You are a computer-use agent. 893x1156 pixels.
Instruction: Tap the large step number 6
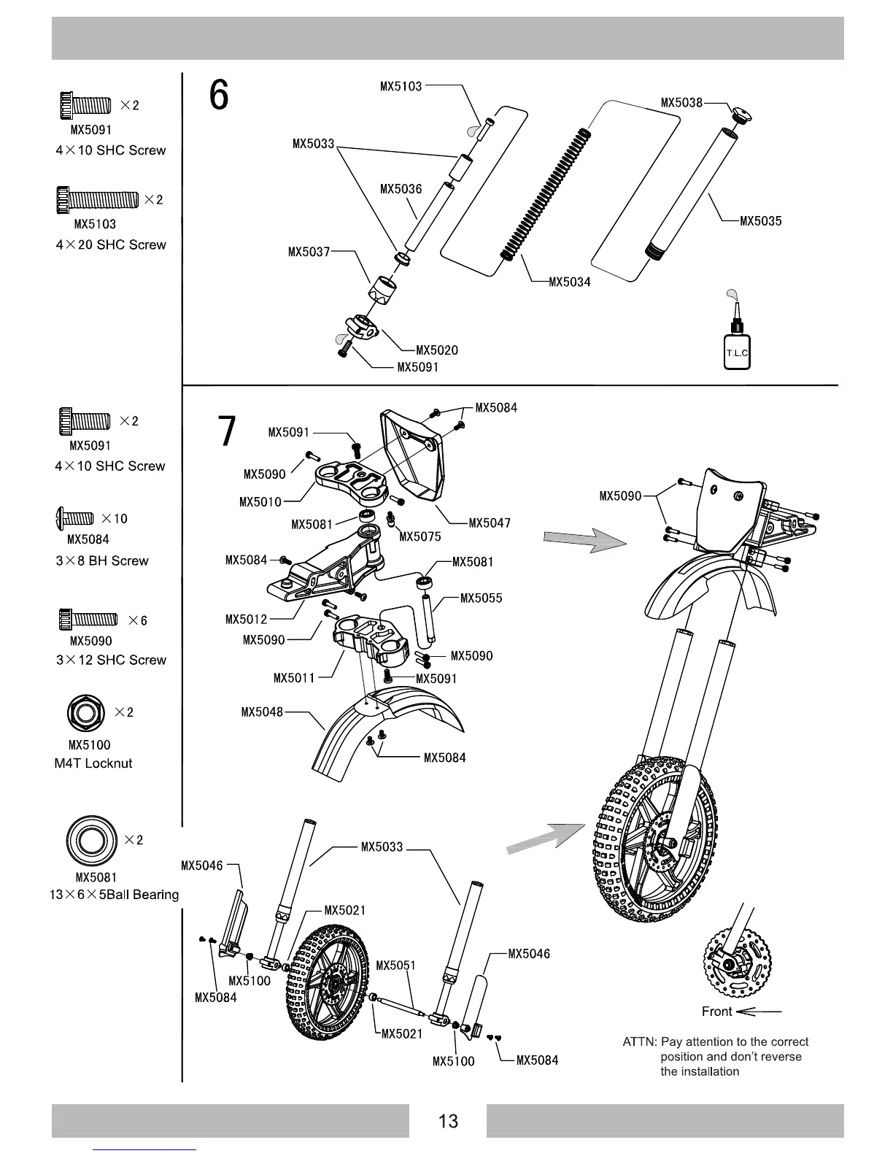point(218,96)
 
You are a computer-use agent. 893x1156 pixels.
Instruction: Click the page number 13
point(447,1121)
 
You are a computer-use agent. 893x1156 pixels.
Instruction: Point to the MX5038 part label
point(681,103)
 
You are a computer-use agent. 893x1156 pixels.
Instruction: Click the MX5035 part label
point(760,221)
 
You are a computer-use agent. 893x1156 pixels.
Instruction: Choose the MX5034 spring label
point(569,282)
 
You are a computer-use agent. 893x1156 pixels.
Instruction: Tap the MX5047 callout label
point(489,523)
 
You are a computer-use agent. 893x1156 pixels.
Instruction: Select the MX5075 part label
point(420,537)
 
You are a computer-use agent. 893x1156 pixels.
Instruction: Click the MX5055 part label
point(481,598)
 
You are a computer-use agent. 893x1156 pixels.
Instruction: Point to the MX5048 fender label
point(262,712)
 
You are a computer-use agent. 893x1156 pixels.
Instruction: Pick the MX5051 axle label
point(395,966)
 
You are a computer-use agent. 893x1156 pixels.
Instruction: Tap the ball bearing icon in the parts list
point(91,841)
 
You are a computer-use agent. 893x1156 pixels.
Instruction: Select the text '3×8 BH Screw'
point(101,561)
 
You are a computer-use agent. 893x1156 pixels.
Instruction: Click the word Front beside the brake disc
point(716,1011)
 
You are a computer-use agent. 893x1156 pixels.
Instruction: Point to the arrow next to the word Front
point(759,1012)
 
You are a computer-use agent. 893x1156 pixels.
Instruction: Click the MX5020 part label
point(436,350)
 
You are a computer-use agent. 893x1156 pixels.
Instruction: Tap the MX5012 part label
point(246,620)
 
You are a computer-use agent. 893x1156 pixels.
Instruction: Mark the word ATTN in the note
point(639,1042)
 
